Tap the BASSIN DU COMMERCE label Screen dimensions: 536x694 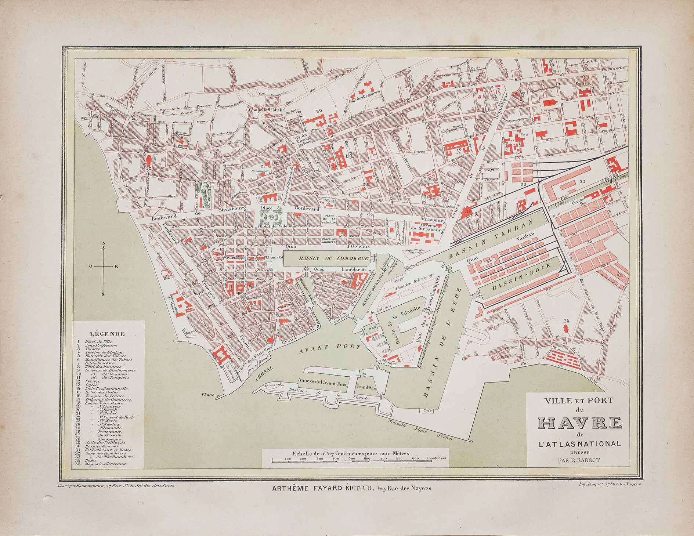point(333,258)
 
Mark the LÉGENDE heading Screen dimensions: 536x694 point(107,334)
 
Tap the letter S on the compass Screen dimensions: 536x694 point(103,294)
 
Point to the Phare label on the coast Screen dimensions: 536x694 point(208,395)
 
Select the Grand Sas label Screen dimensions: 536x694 point(365,387)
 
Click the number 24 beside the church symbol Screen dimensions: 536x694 point(566,320)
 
